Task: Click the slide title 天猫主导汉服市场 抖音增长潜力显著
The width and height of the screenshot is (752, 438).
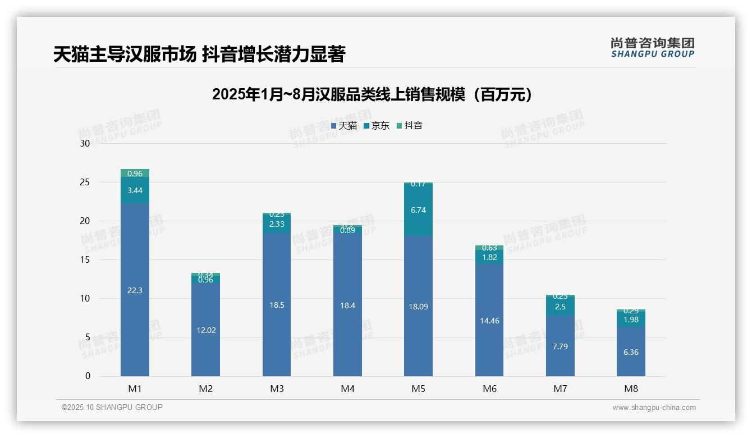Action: [x=199, y=54]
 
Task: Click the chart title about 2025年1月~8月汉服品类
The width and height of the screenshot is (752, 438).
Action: [x=372, y=94]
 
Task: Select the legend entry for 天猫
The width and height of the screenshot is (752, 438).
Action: [x=344, y=126]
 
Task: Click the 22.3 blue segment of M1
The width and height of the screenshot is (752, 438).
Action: [x=135, y=290]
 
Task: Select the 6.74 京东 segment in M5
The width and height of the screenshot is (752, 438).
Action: [x=418, y=210]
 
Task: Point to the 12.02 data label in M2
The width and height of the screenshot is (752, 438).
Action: [x=206, y=330]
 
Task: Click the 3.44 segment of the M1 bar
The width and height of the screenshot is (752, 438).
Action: [x=135, y=190]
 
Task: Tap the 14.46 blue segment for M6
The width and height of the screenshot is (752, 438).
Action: [x=489, y=321]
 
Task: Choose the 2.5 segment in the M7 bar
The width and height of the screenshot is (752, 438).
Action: [x=560, y=307]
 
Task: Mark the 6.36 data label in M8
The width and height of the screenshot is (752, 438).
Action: [x=631, y=352]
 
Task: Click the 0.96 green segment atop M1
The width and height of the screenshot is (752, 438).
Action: [x=135, y=174]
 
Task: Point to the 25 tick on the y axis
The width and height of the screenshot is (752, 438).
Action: [x=85, y=182]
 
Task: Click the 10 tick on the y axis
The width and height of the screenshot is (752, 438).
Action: [x=85, y=299]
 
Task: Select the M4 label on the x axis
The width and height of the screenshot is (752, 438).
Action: [x=347, y=389]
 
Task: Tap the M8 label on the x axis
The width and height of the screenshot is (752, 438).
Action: [x=631, y=389]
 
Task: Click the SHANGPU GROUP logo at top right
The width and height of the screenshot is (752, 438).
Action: [x=652, y=48]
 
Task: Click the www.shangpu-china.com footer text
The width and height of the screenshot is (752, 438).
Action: [x=654, y=408]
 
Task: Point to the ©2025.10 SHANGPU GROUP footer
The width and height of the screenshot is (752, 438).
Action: [x=112, y=408]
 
